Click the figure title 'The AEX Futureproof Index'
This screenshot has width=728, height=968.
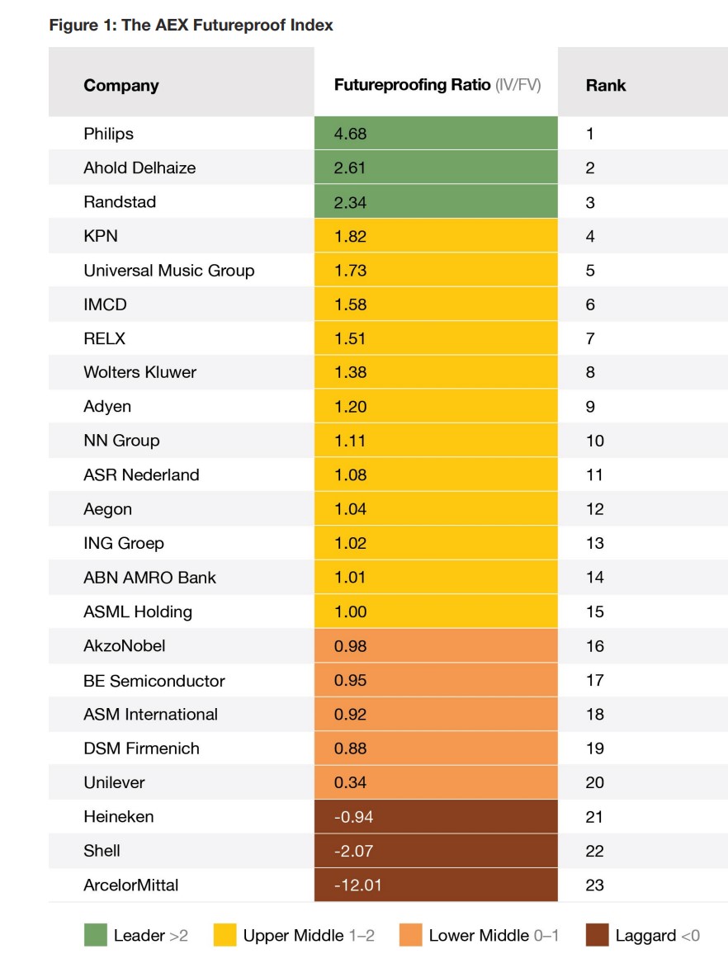pyautogui.click(x=191, y=25)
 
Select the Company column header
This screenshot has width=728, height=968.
pyautogui.click(x=121, y=85)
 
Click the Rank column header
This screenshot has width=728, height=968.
pyautogui.click(x=606, y=85)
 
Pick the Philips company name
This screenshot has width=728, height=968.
pyautogui.click(x=108, y=134)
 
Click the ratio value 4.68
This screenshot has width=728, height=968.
pyautogui.click(x=350, y=134)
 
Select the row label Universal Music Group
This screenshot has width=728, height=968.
pyautogui.click(x=168, y=271)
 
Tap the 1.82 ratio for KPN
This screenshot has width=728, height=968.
pyautogui.click(x=350, y=236)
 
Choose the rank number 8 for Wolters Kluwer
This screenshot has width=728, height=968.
pyautogui.click(x=590, y=372)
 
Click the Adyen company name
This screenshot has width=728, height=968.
pyautogui.click(x=107, y=407)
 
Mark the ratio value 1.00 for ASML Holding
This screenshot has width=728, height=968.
pyautogui.click(x=350, y=611)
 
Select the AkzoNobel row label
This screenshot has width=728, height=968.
pyautogui.click(x=124, y=646)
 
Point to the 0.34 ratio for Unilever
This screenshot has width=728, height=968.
pyautogui.click(x=350, y=782)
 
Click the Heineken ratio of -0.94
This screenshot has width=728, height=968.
pyautogui.click(x=352, y=817)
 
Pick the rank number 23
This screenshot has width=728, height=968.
pyautogui.click(x=594, y=885)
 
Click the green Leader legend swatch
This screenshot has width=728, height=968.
pyautogui.click(x=96, y=935)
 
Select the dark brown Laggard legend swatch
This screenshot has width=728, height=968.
pyautogui.click(x=597, y=935)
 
